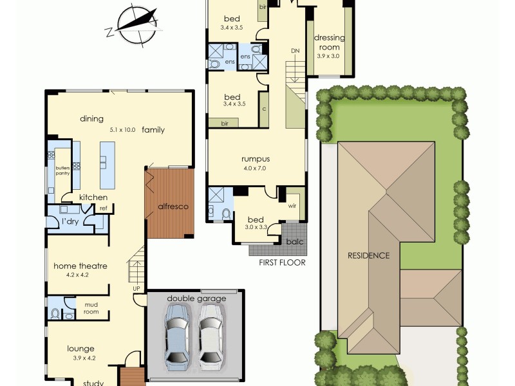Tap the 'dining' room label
pyautogui.click(x=92, y=118)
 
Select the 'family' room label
pyautogui.click(x=153, y=129)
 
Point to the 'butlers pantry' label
pyautogui.click(x=62, y=170)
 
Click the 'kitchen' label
pyautogui.click(x=93, y=198)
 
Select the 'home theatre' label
pyautogui.click(x=80, y=266)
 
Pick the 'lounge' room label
pyautogui.click(x=81, y=349)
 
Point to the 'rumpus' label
pyautogui.click(x=255, y=159)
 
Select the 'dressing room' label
pyautogui.click(x=329, y=42)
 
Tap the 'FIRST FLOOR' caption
pyautogui.click(x=282, y=262)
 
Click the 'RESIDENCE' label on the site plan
pyautogui.click(x=368, y=255)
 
